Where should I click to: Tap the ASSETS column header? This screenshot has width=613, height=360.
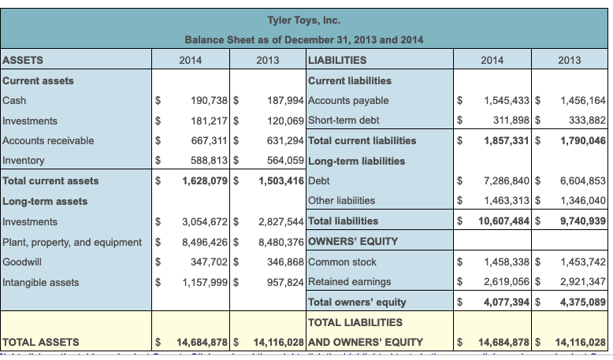coord(24,60)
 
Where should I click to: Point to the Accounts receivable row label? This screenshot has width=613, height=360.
coord(48,141)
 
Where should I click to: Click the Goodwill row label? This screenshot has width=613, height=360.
coord(23,262)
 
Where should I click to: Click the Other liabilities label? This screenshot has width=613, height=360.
coord(342,201)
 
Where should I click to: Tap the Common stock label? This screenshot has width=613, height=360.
coord(343,262)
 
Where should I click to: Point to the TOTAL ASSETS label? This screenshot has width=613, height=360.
coord(41,343)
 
